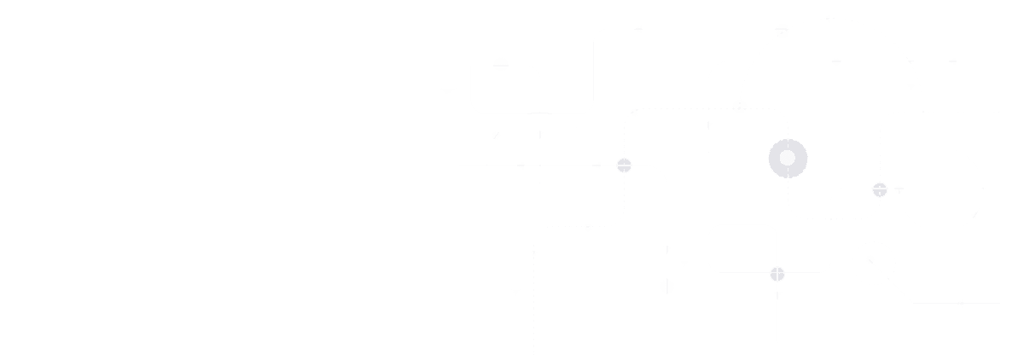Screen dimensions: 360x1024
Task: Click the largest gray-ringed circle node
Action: (788, 158)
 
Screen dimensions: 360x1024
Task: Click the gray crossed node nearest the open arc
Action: (880, 189)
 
